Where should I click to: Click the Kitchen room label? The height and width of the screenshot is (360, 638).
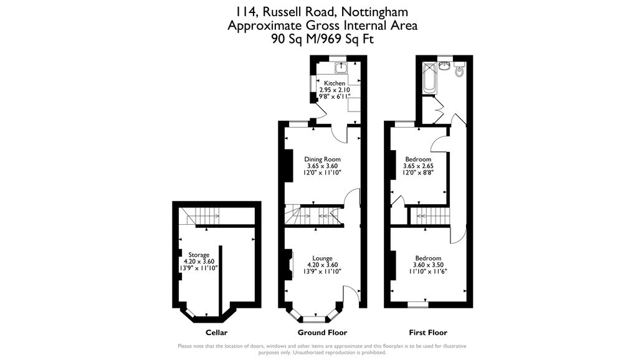(x=335, y=83)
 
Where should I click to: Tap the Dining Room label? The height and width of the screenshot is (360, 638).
(x=322, y=159)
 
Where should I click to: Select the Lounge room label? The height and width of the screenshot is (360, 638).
(x=322, y=258)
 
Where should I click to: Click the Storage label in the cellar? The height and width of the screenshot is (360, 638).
(x=199, y=255)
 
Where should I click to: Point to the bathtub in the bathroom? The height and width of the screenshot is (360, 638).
(x=429, y=77)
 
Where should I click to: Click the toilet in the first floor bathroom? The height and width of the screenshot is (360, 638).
(x=460, y=71)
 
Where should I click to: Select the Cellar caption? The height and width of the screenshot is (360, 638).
(x=216, y=333)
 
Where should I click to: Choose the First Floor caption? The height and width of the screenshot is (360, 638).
(x=428, y=333)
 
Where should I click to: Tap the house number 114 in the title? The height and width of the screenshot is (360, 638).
(x=245, y=11)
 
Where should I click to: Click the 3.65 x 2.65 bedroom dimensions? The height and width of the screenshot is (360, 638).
(x=417, y=166)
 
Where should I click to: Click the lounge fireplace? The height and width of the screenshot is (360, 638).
(x=290, y=264)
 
